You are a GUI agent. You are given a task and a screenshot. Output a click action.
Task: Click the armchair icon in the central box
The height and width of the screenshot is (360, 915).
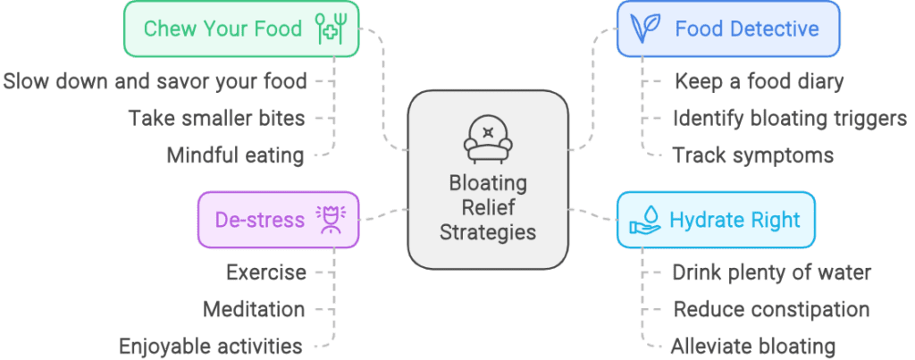click(x=487, y=137)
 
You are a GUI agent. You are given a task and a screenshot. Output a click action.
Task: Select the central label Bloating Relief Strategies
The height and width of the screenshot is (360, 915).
click(x=488, y=208)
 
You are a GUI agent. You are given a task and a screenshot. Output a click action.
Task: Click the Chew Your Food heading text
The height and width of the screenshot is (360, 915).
click(x=222, y=28)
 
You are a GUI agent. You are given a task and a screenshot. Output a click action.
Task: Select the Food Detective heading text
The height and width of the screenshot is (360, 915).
click(x=746, y=28)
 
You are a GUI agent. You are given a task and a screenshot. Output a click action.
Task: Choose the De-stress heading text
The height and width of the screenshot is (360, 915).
click(x=259, y=219)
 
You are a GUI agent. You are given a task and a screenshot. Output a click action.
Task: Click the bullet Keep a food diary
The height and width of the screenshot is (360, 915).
click(x=758, y=81)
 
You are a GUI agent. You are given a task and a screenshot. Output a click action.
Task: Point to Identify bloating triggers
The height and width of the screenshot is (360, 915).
click(x=789, y=118)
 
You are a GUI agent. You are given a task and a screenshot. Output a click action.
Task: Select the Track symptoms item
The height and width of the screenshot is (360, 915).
click(x=752, y=155)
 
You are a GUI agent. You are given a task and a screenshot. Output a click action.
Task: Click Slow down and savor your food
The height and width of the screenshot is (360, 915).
click(x=155, y=81)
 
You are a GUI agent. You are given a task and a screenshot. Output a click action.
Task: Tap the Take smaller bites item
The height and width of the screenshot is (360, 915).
click(x=215, y=118)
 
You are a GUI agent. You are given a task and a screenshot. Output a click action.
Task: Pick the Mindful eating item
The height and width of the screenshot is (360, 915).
click(x=235, y=155)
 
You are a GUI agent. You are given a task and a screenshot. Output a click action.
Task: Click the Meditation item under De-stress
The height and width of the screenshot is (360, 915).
click(x=254, y=309)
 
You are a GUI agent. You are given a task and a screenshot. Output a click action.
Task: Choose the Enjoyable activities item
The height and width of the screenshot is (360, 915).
click(x=211, y=346)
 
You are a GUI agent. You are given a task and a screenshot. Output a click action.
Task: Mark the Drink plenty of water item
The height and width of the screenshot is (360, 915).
click(x=771, y=272)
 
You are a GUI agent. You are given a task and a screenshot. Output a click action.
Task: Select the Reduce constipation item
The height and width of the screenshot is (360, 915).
click(x=771, y=309)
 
